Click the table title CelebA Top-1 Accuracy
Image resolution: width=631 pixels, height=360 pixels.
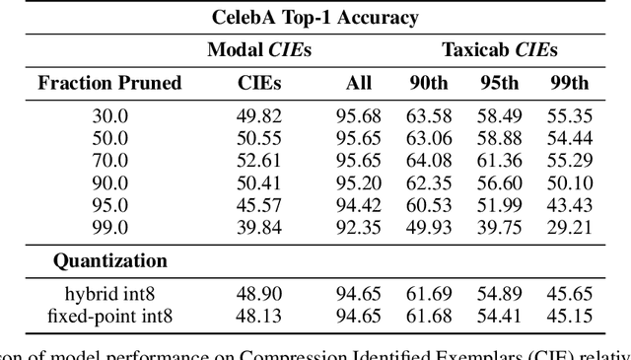[x=315, y=18]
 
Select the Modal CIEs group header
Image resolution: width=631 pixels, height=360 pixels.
[x=259, y=50]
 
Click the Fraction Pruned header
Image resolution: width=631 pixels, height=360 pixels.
[x=109, y=83]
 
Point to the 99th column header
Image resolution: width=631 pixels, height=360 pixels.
[x=569, y=83]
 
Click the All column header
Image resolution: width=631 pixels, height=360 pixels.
[x=359, y=83]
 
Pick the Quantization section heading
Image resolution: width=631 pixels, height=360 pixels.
[x=109, y=261]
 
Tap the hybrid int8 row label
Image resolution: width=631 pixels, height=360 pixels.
[x=109, y=295]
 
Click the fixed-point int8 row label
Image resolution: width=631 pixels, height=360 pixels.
[x=109, y=316]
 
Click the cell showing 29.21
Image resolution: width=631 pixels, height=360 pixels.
[x=569, y=227]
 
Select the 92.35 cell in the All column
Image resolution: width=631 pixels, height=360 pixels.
[x=359, y=227]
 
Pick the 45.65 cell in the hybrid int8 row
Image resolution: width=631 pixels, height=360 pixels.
[x=569, y=295]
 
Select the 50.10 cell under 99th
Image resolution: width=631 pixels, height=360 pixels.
[x=569, y=181]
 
